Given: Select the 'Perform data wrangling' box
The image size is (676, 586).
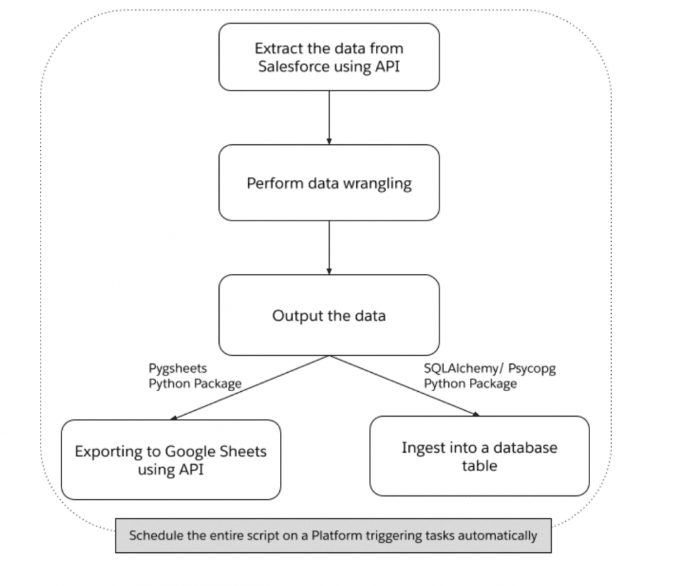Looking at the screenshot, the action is point(329,183).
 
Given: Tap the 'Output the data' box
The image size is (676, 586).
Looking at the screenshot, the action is point(329,315).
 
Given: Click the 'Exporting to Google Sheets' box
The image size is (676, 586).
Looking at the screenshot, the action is point(171,459).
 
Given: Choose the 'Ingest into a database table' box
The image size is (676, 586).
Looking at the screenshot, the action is point(479,456).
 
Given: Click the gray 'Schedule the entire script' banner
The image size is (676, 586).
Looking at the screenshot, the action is point(333,535).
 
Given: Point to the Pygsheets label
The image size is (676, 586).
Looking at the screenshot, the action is point(178,368).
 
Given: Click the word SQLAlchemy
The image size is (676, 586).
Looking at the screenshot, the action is point(461,368).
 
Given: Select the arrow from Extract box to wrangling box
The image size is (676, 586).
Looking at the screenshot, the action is point(329,117).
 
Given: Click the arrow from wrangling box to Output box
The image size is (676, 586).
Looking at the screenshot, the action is point(329,248).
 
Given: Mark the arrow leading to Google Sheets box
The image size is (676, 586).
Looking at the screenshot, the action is point(249,388).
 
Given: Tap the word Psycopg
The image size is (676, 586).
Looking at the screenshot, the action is point(532,369).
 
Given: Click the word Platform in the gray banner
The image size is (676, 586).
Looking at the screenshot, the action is point(337,535).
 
